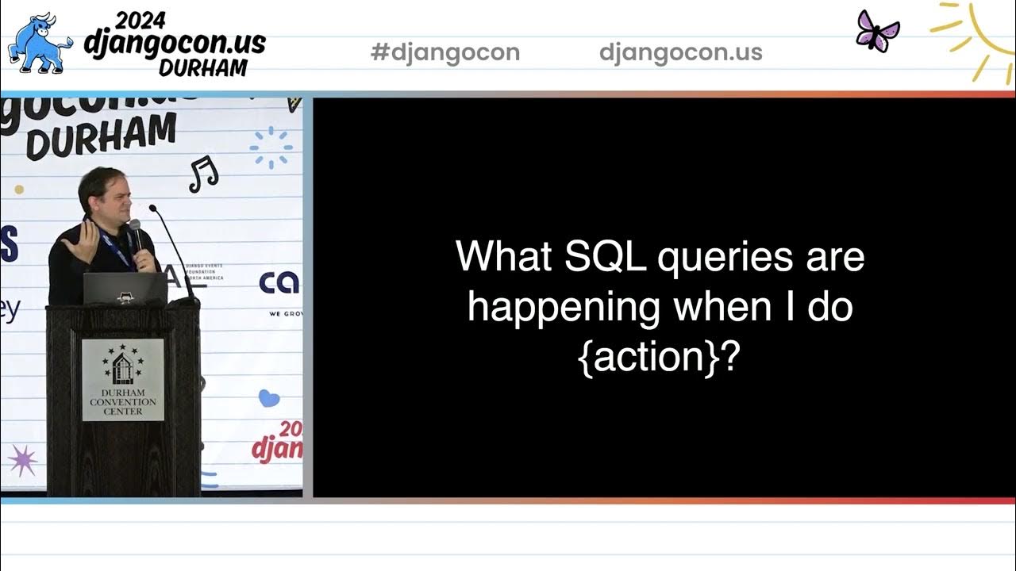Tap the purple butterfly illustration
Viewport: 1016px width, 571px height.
(878, 31)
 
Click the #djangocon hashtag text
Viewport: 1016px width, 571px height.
(444, 52)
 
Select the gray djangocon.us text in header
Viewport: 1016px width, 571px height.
(680, 52)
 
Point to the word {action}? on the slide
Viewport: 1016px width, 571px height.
(660, 357)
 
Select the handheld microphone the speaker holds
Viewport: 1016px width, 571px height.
(136, 236)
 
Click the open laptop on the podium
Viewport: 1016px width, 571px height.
(125, 289)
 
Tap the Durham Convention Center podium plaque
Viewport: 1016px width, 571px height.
(123, 379)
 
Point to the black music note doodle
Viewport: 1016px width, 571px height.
(203, 174)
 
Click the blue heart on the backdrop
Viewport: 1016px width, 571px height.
(269, 397)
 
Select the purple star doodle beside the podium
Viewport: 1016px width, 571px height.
(22, 459)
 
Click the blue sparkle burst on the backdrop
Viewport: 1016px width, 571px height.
(271, 148)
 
